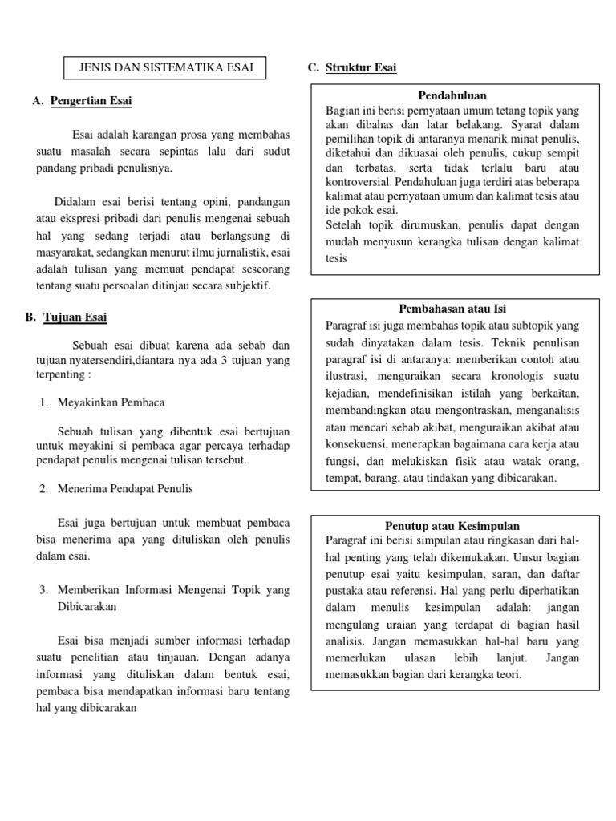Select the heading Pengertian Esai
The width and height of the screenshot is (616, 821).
91,101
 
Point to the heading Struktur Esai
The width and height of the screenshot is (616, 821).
361,68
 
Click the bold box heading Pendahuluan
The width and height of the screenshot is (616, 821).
454,95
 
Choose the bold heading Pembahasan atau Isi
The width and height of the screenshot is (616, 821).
453,309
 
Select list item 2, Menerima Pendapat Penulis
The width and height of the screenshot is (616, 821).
125,488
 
